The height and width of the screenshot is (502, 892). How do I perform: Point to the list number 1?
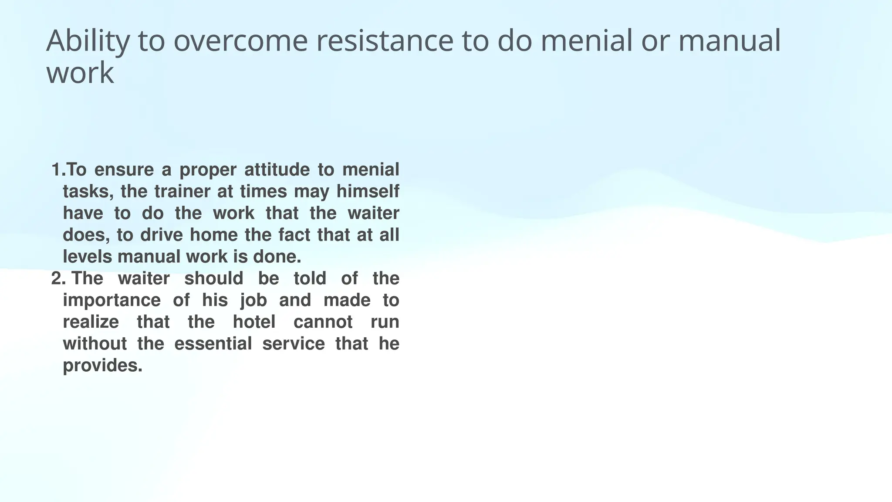click(58, 170)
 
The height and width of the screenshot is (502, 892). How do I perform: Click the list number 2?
click(58, 278)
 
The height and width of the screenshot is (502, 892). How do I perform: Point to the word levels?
click(88, 257)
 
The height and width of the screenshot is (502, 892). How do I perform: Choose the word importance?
click(111, 300)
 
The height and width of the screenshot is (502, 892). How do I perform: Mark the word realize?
click(91, 322)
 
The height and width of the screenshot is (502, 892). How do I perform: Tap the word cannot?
click(323, 322)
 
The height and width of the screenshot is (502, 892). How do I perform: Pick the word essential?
click(213, 344)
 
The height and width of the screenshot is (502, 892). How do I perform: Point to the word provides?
click(102, 366)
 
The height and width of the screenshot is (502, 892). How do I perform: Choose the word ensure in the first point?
click(124, 170)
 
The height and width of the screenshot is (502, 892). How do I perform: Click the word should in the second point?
click(213, 278)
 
